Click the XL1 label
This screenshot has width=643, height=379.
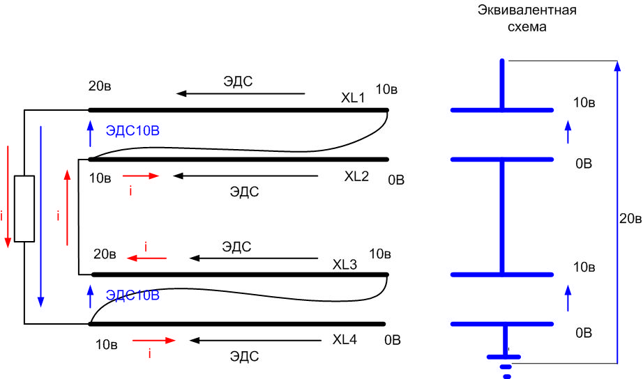point(353,98)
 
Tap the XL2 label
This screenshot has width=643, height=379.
point(356,176)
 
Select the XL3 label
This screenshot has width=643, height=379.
point(345,265)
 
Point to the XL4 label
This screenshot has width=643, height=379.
point(345,340)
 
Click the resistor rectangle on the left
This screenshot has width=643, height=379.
point(24,208)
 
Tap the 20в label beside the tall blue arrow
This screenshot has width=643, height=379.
point(630,219)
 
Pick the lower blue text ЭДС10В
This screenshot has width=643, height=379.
point(133,295)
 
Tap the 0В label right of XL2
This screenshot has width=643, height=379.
point(396,180)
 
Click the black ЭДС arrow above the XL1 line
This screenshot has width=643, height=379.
point(240,93)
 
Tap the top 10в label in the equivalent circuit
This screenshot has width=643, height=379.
point(583,102)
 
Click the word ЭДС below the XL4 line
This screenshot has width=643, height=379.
point(244,357)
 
